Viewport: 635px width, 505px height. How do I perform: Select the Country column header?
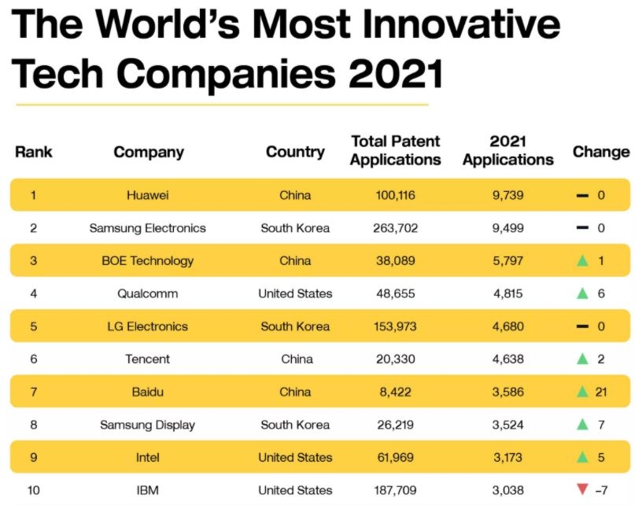295,152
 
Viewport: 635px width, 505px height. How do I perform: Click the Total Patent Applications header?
395,150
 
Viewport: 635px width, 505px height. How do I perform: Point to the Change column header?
601,152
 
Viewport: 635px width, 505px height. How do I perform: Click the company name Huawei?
147,195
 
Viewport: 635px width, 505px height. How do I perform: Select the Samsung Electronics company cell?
147,228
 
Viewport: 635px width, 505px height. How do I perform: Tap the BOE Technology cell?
147,260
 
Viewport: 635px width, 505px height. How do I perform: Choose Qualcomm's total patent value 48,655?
395,293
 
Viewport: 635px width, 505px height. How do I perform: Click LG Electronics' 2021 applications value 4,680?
508,326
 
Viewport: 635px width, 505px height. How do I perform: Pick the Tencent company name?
147,359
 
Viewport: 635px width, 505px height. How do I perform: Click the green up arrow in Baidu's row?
582,392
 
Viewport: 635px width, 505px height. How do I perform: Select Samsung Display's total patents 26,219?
395,425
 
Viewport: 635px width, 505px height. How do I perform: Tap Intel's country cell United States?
295,457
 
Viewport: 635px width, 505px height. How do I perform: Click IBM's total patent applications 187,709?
395,490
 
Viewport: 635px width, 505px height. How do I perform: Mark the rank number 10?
33,490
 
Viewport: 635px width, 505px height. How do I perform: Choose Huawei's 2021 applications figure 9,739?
508,195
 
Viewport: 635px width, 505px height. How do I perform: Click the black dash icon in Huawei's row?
582,195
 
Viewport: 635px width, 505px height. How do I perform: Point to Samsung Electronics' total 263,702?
395,228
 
